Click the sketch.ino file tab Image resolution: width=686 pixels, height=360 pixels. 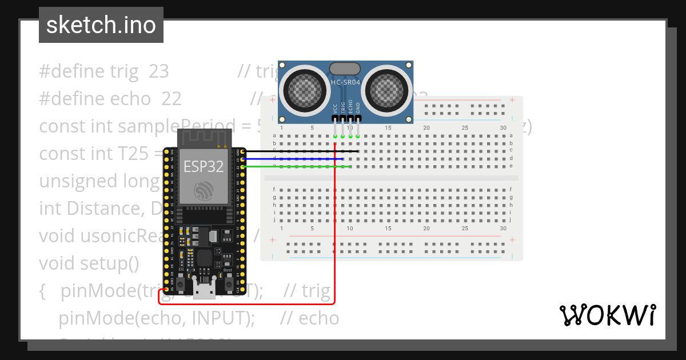click(x=101, y=25)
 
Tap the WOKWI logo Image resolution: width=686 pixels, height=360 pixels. click(x=607, y=315)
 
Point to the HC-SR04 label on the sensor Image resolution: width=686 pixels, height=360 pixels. click(x=346, y=83)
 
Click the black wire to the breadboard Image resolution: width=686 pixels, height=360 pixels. click(x=297, y=151)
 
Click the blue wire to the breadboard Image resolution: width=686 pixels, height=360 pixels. click(x=292, y=159)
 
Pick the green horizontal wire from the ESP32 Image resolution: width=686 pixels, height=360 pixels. click(x=297, y=166)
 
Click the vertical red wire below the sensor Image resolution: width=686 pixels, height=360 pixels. click(x=334, y=229)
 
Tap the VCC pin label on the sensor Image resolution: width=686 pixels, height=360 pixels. click(x=335, y=107)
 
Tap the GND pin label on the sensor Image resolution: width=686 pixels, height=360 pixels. click(x=358, y=107)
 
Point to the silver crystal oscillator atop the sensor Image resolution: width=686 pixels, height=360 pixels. click(x=345, y=69)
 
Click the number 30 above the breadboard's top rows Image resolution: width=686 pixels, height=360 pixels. click(x=503, y=127)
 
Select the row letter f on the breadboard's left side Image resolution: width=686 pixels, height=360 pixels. click(x=274, y=189)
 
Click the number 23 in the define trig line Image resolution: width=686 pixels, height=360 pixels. click(x=159, y=71)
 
